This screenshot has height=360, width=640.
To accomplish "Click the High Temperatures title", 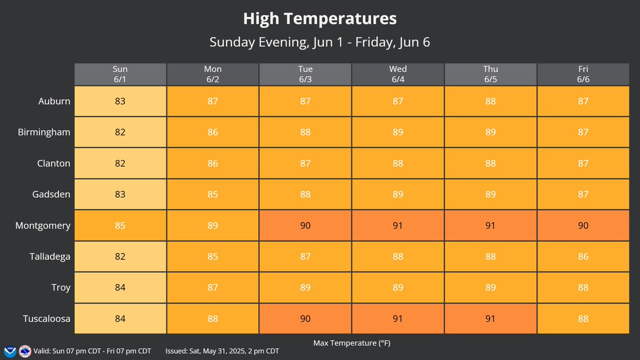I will coord(319,19).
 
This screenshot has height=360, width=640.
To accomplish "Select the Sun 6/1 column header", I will coord(120,74).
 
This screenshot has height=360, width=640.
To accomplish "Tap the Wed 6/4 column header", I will coord(398,74).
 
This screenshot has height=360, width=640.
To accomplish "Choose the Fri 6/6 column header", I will coord(583,74).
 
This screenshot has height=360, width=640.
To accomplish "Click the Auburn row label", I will coord(54,101).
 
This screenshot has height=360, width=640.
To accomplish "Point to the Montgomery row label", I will coord(43,226).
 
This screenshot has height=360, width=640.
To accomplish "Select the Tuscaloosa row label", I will coord(46,319).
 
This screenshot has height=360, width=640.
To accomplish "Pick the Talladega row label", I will coord(50,257).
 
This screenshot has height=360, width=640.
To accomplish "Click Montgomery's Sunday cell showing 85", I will coord(120,226).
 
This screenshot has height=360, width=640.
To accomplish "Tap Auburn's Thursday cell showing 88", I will coord(490,101).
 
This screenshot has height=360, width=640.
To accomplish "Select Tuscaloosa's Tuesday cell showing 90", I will coord(305,319).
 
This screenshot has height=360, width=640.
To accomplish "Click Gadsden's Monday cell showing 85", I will coord(213,195).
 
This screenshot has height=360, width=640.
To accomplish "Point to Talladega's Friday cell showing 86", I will coord(583,257).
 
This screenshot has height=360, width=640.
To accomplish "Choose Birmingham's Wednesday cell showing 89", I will coord(398,132).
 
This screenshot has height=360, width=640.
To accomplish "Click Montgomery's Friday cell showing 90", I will coord(583,226).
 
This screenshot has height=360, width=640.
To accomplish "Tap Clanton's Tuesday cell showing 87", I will coord(305,163).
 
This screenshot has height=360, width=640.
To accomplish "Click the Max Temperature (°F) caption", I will coord(351,343).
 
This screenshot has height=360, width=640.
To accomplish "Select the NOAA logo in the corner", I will coord(10,351).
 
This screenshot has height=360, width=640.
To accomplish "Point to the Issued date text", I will coord(222,351).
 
